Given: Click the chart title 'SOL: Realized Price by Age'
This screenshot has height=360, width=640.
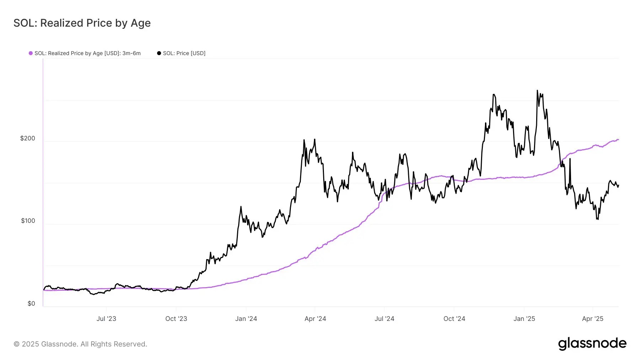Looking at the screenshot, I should point(82,23).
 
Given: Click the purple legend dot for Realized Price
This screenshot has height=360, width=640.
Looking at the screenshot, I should point(31,53).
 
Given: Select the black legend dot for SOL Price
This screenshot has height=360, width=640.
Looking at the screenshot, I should point(159,53).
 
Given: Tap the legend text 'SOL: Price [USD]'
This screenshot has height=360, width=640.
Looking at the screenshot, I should point(184,53).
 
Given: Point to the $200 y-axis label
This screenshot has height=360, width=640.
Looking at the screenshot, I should point(28,138).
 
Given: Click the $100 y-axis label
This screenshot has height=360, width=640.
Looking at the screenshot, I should point(28,221).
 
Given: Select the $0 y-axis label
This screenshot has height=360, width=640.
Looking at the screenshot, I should point(31,303).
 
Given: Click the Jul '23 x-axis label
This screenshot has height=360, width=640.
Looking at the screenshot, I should point(106,319).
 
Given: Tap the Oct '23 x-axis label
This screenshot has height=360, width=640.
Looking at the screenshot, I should point(176,319).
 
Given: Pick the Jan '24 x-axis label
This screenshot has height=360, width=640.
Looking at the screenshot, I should point(246,319).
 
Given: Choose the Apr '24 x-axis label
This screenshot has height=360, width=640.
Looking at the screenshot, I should point(315,319).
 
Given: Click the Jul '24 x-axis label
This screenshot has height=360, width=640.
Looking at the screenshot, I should point(384,319).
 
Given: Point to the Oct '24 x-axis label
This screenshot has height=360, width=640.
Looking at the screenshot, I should point(454,319).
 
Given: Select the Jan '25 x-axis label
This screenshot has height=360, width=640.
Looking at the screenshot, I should point(524,319).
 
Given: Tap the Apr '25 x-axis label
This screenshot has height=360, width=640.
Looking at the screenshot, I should point(592,319).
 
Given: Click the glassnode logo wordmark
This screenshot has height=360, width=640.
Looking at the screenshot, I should point(592,344).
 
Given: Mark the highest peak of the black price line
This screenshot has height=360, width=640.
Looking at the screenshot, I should point(537,91).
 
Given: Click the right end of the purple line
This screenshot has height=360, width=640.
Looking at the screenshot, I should point(618,140).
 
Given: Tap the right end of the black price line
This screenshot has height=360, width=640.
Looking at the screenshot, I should point(618,185).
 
